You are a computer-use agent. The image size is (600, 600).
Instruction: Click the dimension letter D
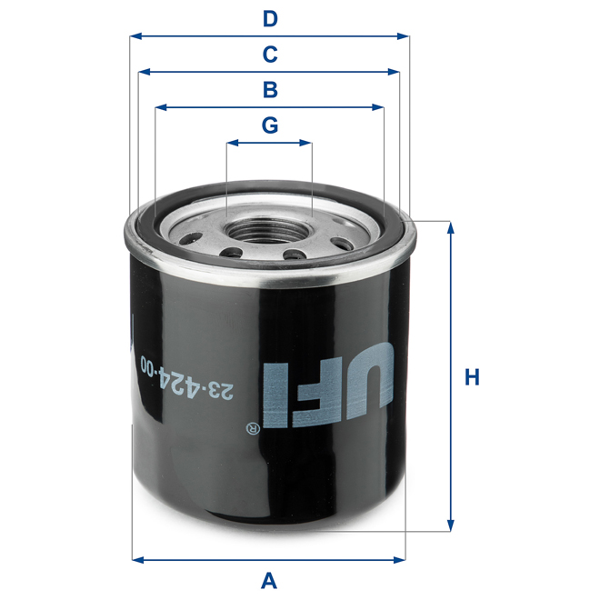click(269, 18)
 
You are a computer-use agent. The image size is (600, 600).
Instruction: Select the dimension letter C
click(269, 55)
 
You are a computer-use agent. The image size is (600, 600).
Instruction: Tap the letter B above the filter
click(269, 90)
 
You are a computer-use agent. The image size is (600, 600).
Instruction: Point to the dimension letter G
click(269, 125)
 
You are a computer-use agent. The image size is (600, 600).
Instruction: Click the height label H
click(471, 376)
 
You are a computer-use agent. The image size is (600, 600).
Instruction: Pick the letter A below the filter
click(269, 579)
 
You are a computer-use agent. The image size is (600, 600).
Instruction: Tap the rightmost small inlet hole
click(344, 243)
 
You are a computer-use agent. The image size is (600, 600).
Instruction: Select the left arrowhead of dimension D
click(135, 36)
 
